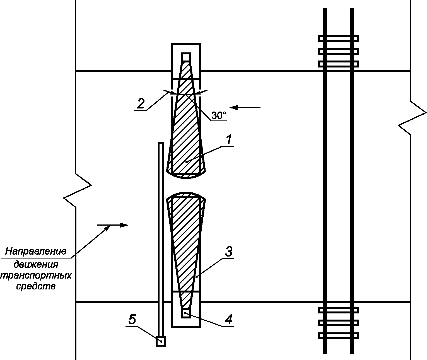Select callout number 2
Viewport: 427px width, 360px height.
point(141,103)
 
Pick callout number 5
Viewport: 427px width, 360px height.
point(132,319)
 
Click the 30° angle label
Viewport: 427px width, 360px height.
point(219,115)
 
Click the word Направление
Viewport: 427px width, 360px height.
point(36,251)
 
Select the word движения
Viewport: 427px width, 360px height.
point(36,265)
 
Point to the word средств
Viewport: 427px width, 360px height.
point(36,286)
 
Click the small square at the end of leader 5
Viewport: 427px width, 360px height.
point(161,341)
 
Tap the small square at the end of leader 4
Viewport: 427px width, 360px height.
point(186,313)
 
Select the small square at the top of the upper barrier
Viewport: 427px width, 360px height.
point(186,57)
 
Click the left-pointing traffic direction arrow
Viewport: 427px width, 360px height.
point(245,107)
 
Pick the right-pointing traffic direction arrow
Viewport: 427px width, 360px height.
point(113,225)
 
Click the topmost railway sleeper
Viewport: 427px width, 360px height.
point(338,38)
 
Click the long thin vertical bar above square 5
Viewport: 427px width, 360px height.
point(161,239)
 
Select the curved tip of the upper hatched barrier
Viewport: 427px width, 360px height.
point(186,178)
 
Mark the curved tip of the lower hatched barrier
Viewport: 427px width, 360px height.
point(186,193)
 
